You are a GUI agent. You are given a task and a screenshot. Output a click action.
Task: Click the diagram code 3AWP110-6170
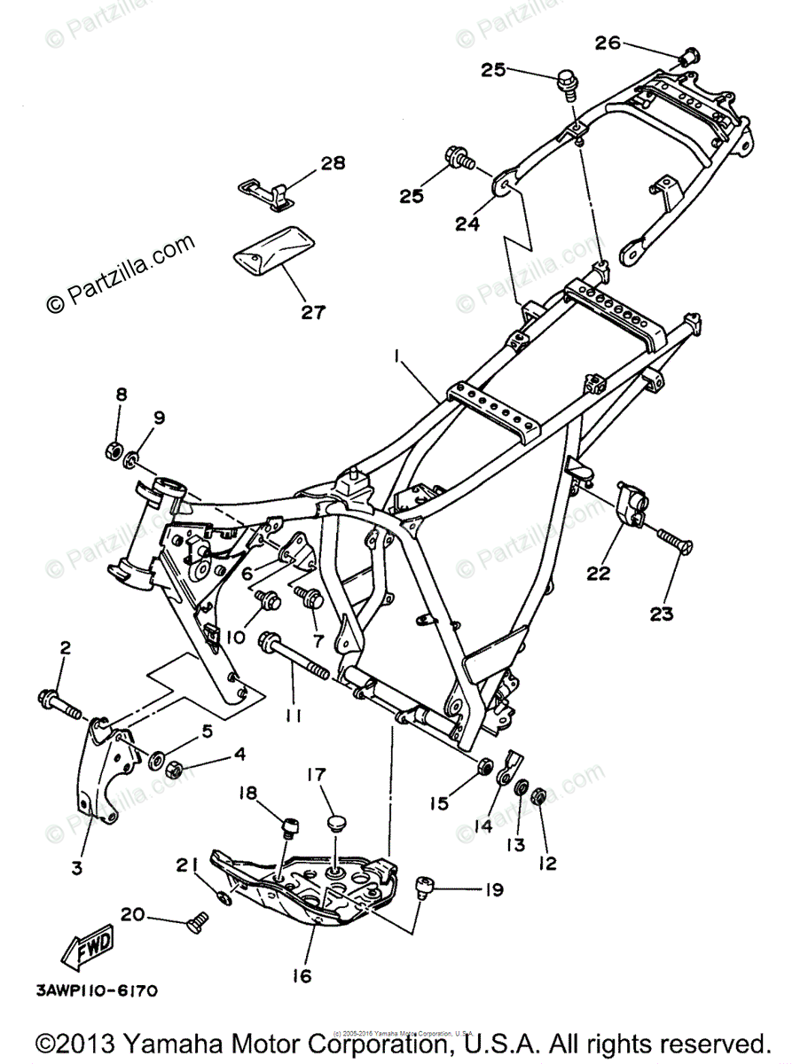click(x=98, y=989)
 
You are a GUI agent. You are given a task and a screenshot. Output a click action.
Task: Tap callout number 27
click(x=313, y=312)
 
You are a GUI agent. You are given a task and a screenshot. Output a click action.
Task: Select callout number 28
click(x=309, y=163)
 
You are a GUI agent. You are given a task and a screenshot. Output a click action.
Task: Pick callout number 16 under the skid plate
click(x=302, y=975)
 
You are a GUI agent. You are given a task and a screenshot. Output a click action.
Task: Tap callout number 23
click(x=663, y=613)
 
